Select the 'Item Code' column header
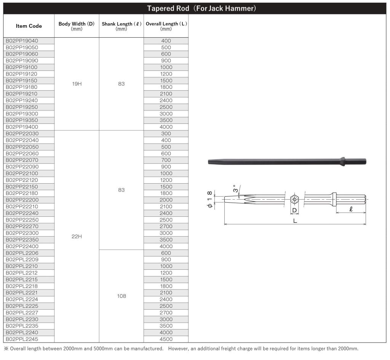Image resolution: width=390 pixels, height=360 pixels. click(x=29, y=26)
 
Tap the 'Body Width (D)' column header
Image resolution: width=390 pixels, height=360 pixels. click(x=77, y=26)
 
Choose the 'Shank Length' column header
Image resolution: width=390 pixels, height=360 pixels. click(x=121, y=26)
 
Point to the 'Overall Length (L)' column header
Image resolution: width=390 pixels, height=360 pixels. click(x=166, y=26)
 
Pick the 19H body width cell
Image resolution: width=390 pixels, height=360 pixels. click(x=77, y=84)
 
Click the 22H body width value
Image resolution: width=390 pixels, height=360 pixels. click(x=77, y=237)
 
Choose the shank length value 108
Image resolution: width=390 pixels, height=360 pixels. click(x=121, y=296)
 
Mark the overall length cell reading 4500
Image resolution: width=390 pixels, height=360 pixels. click(x=166, y=339)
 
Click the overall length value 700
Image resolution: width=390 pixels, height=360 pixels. click(x=166, y=160)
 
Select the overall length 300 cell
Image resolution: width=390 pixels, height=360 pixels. click(x=166, y=134)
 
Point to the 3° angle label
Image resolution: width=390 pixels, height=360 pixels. click(x=236, y=189)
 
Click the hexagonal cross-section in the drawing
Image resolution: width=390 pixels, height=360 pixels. click(x=294, y=199)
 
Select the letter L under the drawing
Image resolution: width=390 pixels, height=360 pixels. click(x=295, y=221)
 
